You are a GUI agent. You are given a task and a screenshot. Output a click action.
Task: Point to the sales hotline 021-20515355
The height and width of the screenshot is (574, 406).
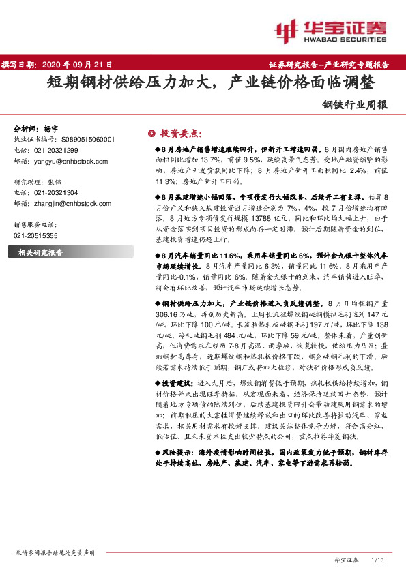pyautogui.click(x=36, y=235)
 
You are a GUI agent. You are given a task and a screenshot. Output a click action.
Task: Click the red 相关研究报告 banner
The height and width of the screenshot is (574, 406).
pyautogui.click(x=40, y=252)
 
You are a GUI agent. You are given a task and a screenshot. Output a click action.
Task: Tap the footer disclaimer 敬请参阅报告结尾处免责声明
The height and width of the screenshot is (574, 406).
pyautogui.click(x=55, y=552)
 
